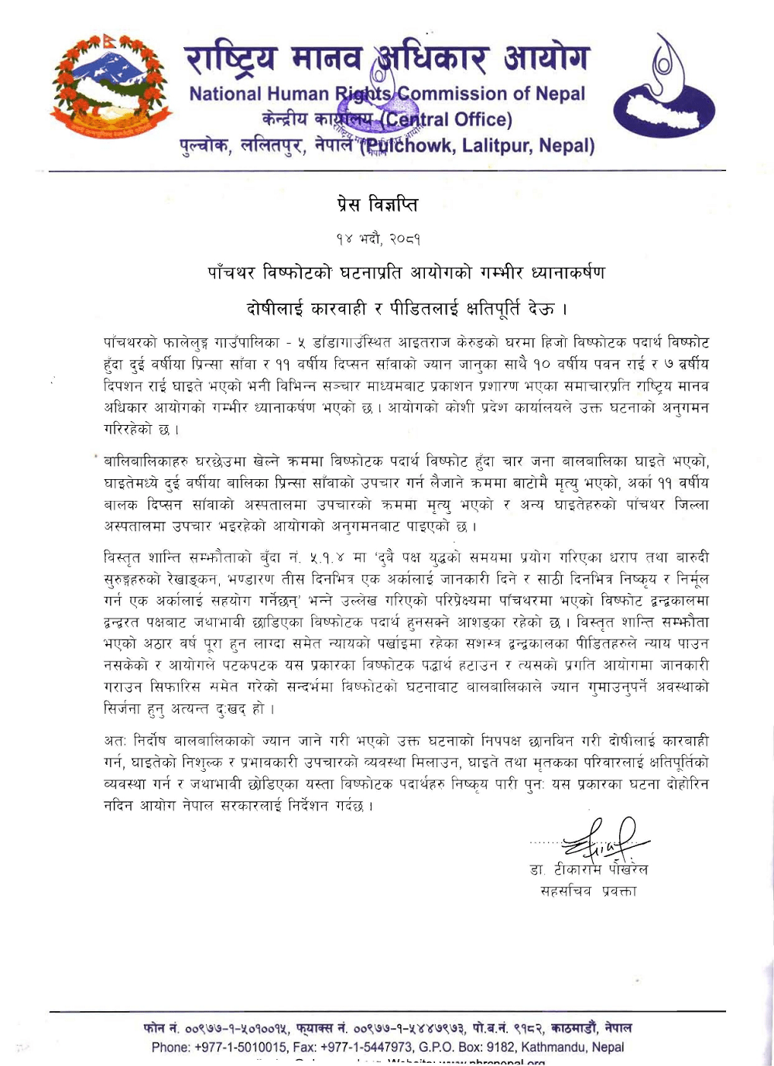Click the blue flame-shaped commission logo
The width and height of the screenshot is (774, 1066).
(x=664, y=87)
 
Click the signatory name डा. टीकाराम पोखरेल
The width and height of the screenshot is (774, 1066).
(x=589, y=869)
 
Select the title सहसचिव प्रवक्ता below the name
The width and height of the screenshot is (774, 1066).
(x=588, y=891)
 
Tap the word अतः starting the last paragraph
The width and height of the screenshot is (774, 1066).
(x=115, y=741)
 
